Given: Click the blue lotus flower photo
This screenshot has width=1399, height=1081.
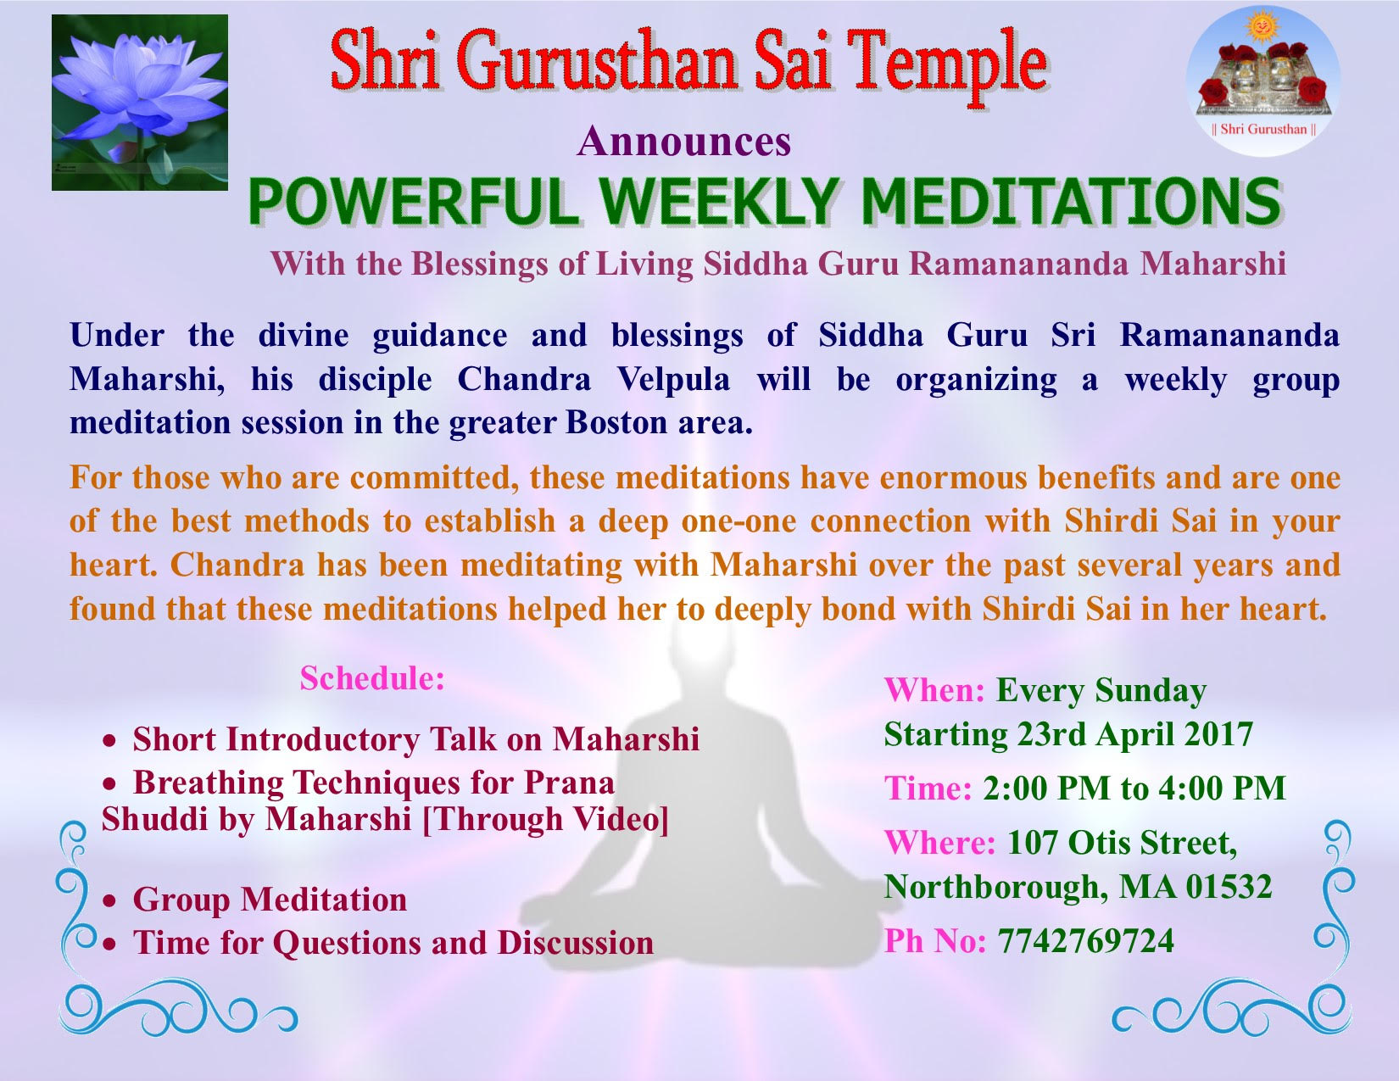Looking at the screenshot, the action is tap(140, 103).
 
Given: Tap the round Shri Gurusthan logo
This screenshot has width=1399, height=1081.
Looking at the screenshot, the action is tap(1263, 81).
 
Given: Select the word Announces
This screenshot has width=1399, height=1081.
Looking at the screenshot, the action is tap(683, 141).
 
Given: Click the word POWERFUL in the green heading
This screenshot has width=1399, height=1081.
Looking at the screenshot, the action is tap(413, 202).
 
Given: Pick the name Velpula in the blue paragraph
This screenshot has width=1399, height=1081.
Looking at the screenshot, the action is tap(673, 380).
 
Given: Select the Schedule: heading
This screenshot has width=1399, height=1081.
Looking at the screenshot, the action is tap(372, 678).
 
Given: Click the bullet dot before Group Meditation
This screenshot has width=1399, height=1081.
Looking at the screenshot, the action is tap(110, 901).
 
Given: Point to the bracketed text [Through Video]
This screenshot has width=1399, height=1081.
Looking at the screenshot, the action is tap(545, 819).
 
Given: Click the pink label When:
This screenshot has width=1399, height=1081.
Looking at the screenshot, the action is tap(934, 691).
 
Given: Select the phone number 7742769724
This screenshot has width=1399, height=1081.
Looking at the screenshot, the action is tap(1085, 940).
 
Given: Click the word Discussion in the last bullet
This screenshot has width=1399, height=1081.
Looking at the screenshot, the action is tap(576, 943).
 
